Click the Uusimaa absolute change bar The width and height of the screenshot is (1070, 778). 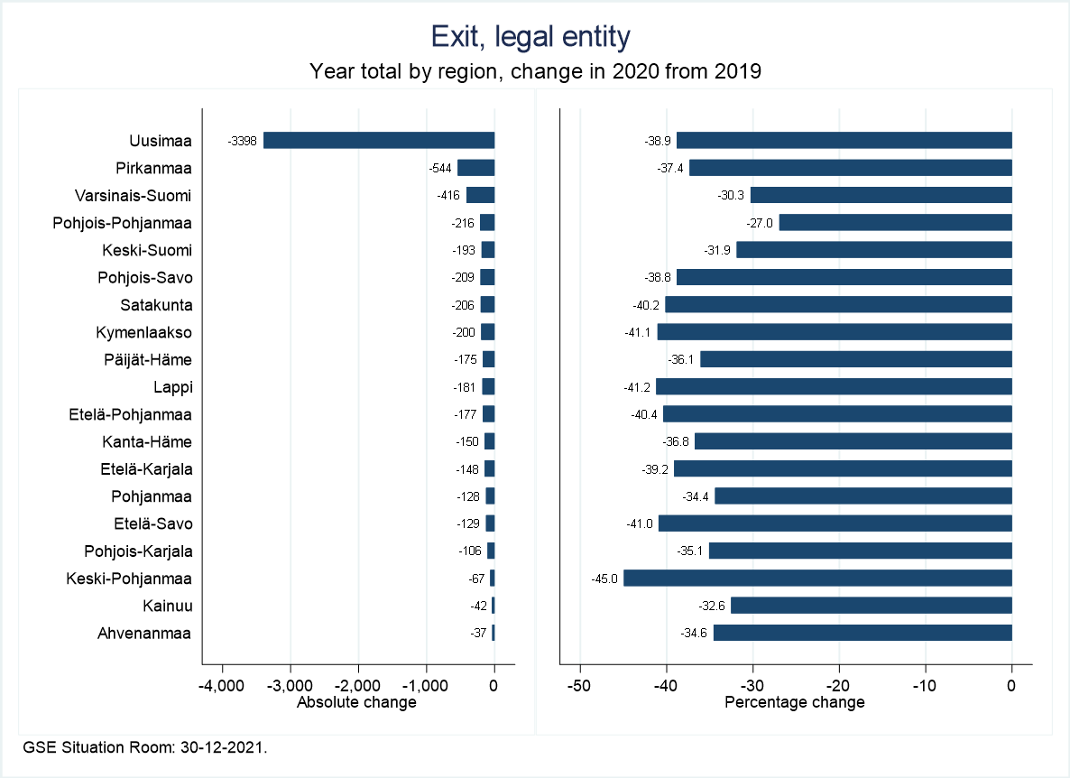tap(379, 140)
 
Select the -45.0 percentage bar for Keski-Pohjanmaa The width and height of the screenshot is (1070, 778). tap(817, 578)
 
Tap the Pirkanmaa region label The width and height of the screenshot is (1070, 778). tap(153, 168)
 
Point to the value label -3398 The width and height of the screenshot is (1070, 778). tap(243, 141)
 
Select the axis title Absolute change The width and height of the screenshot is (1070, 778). tap(356, 702)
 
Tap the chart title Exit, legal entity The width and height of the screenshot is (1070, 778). tap(530, 37)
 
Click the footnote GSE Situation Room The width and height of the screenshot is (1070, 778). tap(145, 747)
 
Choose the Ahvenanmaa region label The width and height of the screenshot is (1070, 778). tap(144, 633)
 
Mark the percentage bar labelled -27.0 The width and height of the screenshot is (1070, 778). tap(895, 222)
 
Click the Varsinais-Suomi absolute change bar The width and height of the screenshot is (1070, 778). tap(480, 195)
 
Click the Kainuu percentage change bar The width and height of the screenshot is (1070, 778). tap(871, 606)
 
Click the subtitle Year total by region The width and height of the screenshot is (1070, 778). tap(535, 71)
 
